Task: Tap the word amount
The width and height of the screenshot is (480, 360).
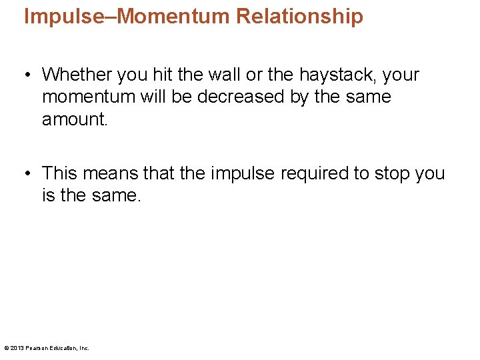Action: click(x=74, y=119)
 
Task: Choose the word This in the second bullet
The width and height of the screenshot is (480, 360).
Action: click(x=60, y=173)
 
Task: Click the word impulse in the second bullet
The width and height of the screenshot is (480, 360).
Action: click(x=243, y=173)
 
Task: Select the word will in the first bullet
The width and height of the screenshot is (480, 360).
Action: click(x=153, y=97)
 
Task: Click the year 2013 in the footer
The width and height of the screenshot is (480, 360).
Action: click(x=17, y=348)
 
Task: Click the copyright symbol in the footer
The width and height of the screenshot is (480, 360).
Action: click(x=6, y=348)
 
